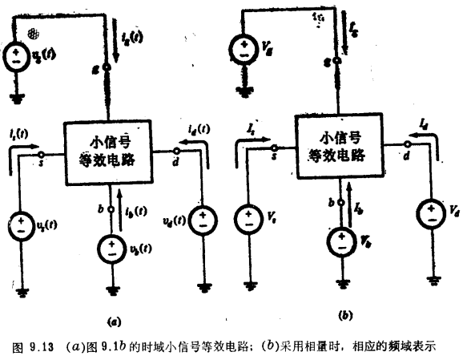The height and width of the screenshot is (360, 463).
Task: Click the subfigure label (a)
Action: tap(114, 319)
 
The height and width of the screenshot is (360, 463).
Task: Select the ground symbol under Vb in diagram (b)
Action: tap(341, 282)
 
